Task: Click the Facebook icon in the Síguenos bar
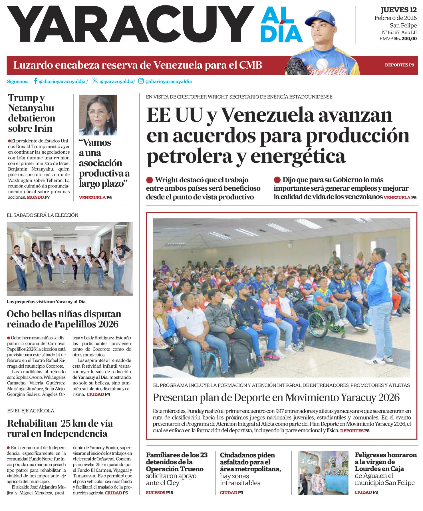point(35,81)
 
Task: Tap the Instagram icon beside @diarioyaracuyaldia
point(141,81)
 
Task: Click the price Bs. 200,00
point(405,39)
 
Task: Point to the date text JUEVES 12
point(398,10)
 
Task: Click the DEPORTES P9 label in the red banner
point(399,65)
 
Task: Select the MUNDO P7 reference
point(38,197)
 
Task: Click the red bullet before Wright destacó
point(149,180)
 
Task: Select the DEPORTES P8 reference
point(355,431)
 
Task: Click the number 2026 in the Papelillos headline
point(108,324)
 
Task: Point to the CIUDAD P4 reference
point(98,394)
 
